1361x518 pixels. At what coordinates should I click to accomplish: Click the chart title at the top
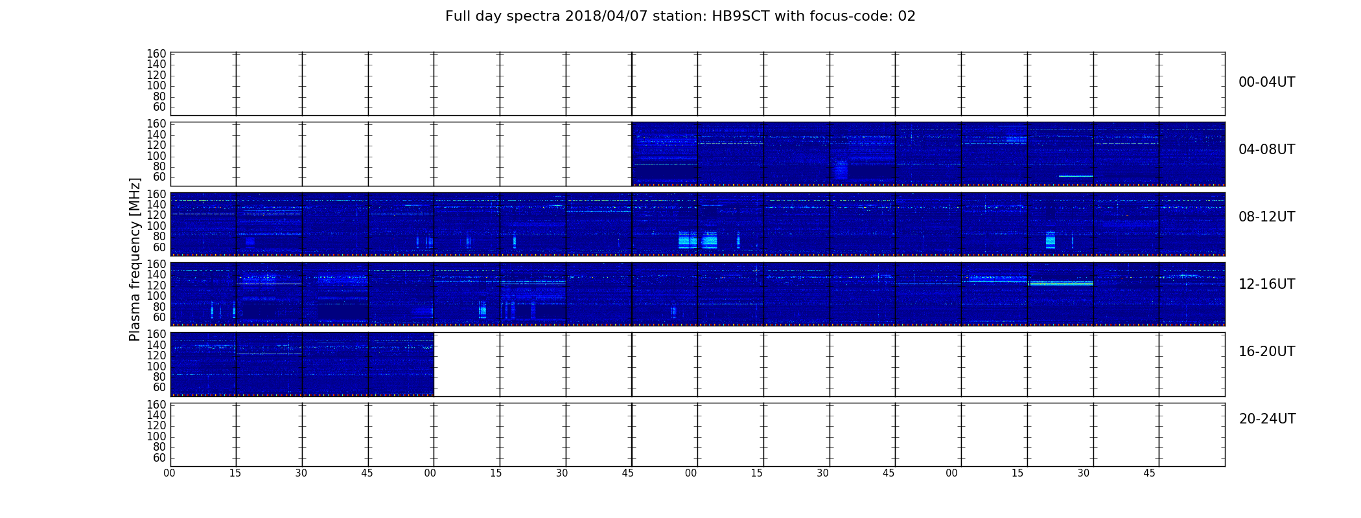(680, 16)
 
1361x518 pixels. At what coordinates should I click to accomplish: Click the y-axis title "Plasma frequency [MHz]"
(135, 259)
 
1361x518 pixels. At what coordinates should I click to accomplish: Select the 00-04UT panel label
(1266, 82)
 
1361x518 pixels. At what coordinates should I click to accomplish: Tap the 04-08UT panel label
(1266, 150)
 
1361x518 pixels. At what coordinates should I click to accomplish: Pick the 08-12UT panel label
(1266, 217)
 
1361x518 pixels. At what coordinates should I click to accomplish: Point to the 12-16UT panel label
(1266, 284)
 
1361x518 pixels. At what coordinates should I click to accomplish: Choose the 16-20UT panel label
(1266, 352)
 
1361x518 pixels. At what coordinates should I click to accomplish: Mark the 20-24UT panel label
(1267, 419)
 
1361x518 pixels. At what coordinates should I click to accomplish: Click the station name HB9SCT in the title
(741, 16)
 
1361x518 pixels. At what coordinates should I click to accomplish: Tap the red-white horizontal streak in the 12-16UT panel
(1061, 283)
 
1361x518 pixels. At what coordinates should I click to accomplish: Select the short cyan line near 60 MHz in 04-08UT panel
(1076, 176)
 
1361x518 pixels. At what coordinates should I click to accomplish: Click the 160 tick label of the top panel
(156, 54)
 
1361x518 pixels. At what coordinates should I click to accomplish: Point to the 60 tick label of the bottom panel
(159, 458)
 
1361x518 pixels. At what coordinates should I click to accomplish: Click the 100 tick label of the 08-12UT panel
(156, 226)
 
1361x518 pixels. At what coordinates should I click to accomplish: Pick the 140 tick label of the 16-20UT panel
(156, 345)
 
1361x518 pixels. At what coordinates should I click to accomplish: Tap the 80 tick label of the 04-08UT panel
(159, 166)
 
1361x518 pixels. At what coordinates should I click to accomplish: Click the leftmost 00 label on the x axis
(170, 473)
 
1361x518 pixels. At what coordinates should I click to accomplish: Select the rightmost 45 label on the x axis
(1149, 473)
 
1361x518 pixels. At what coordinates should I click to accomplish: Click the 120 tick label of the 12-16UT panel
(156, 286)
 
